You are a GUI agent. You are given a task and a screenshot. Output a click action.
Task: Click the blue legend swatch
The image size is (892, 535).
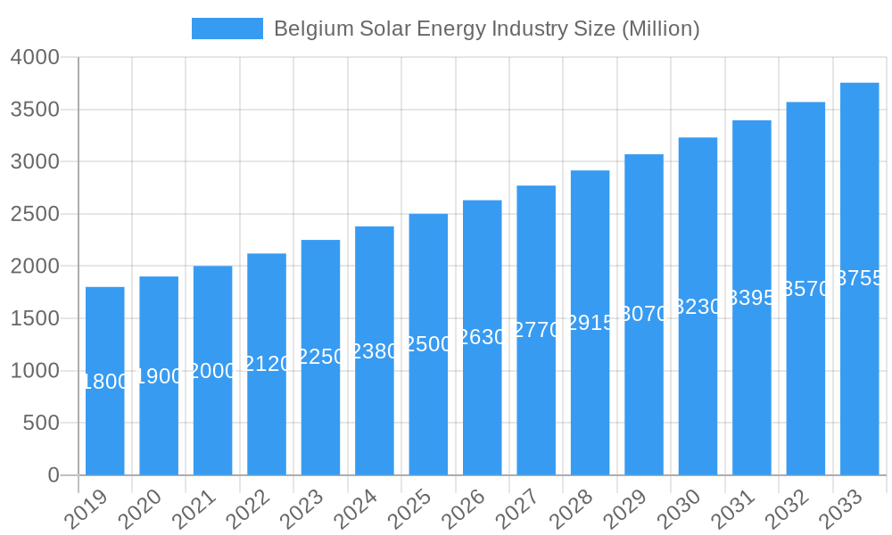[227, 29]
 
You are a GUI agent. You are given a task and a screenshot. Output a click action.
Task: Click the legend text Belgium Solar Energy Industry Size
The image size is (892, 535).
[486, 29]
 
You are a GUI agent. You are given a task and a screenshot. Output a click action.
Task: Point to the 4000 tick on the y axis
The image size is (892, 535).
[35, 57]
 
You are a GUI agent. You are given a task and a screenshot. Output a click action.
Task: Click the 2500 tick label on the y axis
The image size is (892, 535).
[35, 214]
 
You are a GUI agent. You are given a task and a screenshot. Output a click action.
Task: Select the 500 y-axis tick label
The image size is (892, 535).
[41, 423]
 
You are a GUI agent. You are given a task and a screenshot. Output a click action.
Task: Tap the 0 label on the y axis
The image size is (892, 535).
[54, 475]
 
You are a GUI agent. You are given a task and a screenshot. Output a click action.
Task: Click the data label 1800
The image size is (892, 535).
[105, 382]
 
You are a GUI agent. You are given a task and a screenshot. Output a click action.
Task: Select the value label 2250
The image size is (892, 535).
[320, 357]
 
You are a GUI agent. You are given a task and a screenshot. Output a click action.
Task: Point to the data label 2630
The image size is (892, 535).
[482, 337]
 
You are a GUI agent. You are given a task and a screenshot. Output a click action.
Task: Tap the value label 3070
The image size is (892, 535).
[644, 314]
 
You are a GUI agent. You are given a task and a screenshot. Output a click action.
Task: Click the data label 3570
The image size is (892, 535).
[805, 289]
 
